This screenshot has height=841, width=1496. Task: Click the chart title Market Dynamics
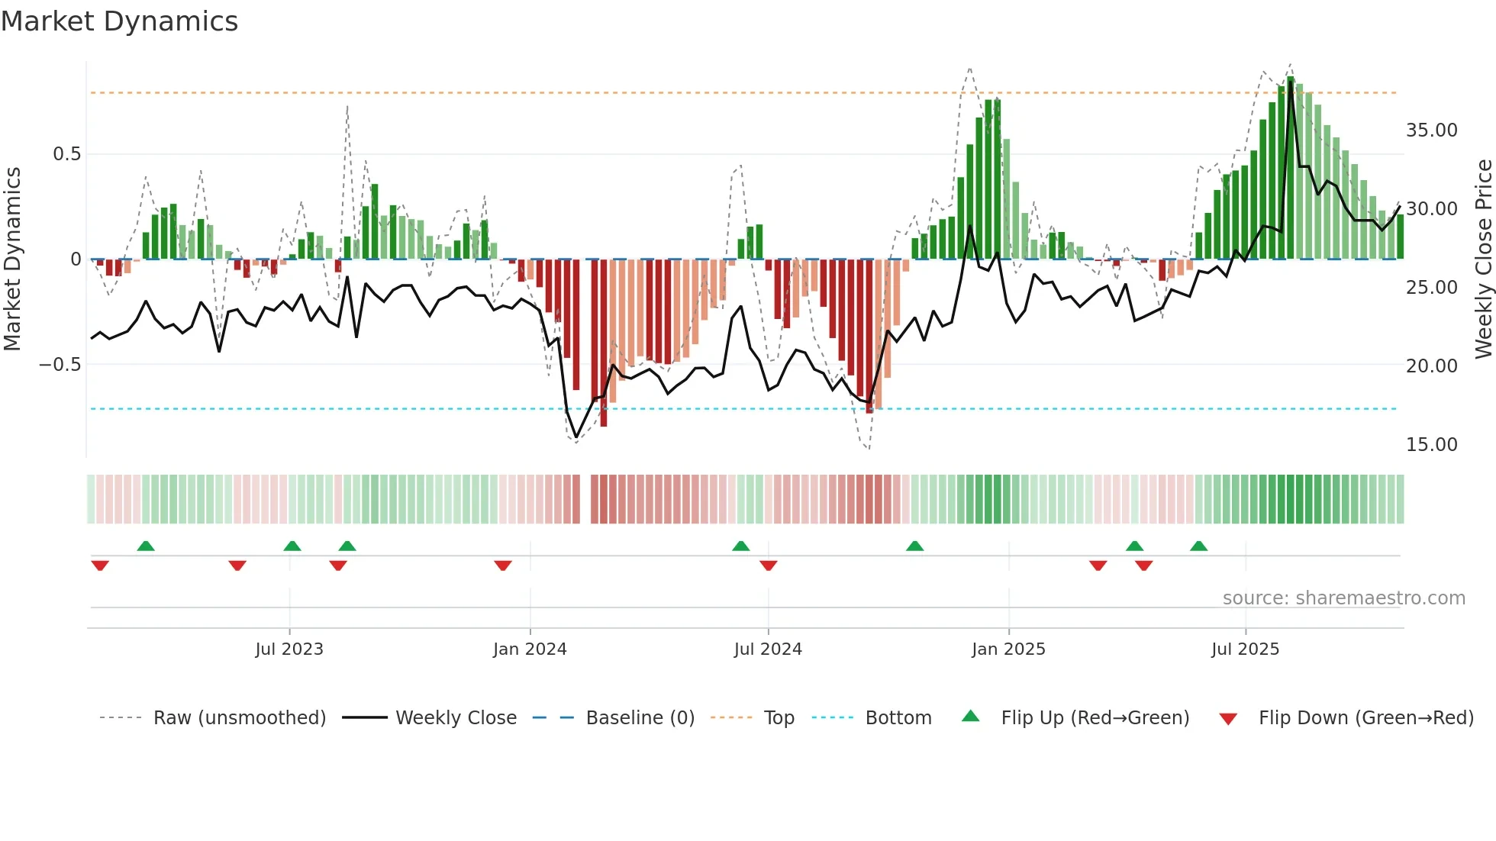coord(119,21)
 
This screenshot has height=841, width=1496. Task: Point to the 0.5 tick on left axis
coord(66,154)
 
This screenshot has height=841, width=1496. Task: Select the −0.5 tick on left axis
coord(60,365)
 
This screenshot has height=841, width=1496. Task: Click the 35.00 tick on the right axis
coord(1431,130)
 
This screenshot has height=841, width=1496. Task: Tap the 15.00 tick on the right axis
coord(1431,445)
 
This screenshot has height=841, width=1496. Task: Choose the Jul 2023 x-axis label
coord(289,649)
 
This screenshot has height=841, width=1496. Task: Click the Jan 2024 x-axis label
coord(530,649)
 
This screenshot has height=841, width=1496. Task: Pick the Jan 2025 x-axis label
coord(1008,649)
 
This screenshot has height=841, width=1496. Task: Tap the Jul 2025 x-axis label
coord(1245,649)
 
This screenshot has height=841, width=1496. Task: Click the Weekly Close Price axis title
coord(1483,259)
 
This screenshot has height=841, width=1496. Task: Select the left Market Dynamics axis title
coord(12,259)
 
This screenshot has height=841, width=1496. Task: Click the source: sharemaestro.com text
coord(1343,598)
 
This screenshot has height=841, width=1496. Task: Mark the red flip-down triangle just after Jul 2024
coord(769,565)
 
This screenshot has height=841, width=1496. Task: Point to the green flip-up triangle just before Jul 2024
coord(740,546)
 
